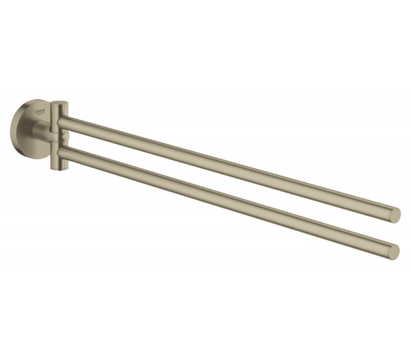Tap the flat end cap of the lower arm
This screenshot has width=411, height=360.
[x=393, y=252]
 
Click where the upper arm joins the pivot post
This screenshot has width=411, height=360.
[x=66, y=123]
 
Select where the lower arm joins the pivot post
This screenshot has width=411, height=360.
[x=66, y=152]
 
